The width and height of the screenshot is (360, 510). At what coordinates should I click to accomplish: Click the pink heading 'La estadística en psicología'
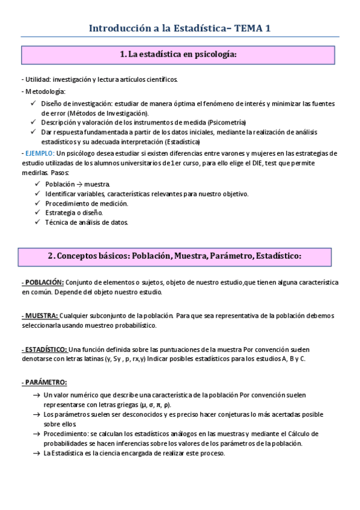point(179,55)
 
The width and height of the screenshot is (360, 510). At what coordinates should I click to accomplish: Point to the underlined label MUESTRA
point(40,316)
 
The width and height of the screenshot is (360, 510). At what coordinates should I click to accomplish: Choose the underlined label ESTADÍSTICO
point(44,349)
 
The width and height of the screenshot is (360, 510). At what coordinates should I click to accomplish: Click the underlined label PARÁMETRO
point(44,382)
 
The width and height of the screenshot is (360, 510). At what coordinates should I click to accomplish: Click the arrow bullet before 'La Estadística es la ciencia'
point(37,453)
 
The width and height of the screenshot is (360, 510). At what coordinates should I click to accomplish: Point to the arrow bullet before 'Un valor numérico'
point(37,395)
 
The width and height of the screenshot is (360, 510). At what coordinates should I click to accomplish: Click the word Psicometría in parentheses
point(227,122)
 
